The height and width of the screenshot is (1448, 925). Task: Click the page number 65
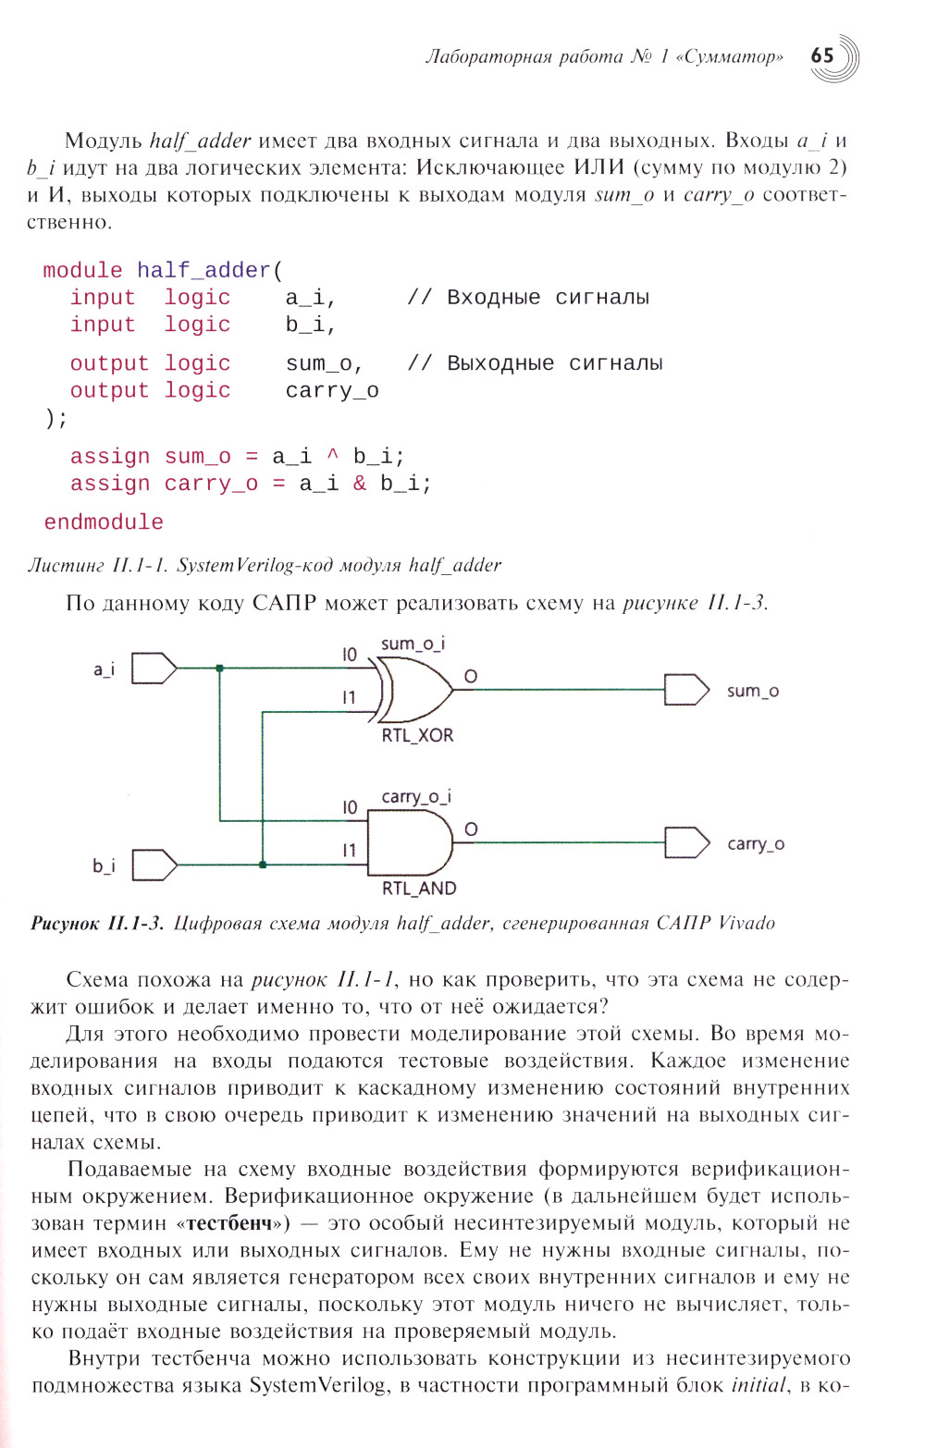click(x=822, y=55)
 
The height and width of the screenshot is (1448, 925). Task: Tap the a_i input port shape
click(x=154, y=668)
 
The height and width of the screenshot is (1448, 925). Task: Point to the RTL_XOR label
click(x=417, y=736)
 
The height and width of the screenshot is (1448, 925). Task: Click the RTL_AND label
click(x=419, y=889)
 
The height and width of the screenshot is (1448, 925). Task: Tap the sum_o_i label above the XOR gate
click(x=413, y=644)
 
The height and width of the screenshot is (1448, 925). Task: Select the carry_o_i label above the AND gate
click(x=416, y=796)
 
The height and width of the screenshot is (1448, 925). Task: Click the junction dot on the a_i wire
click(x=219, y=668)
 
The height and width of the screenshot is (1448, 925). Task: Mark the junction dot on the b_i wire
click(x=263, y=865)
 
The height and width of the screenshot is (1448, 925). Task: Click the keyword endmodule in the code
click(x=104, y=522)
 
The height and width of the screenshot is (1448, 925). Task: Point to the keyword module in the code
click(x=82, y=271)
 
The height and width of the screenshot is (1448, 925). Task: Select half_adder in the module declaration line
click(x=203, y=271)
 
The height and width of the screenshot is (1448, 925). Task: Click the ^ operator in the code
click(x=333, y=456)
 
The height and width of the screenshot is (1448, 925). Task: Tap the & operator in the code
click(x=359, y=484)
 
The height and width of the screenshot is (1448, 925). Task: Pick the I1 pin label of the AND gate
click(x=349, y=851)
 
